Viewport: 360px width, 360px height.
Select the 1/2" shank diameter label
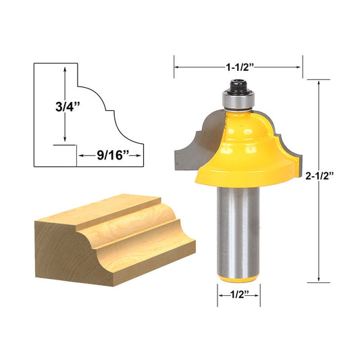click(238, 294)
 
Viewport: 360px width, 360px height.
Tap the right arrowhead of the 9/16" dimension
click(140, 155)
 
